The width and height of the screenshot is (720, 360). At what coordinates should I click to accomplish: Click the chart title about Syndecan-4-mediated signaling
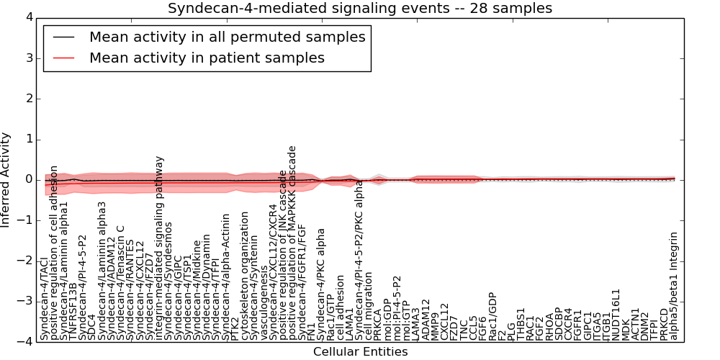360,9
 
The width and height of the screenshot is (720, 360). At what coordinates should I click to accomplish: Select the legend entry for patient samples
207,58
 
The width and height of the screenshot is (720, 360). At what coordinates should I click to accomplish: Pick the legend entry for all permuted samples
227,37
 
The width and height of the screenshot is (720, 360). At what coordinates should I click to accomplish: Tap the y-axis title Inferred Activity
6,180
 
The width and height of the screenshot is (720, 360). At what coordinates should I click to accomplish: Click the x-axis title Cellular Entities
360,352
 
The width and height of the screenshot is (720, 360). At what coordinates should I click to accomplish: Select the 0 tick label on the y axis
28,180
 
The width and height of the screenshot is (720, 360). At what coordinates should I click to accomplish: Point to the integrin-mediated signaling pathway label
160,248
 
